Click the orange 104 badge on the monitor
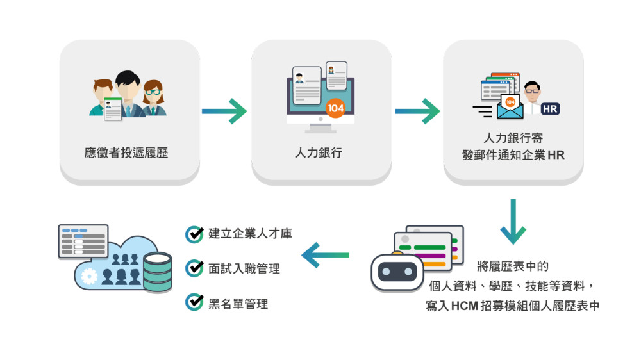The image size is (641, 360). tap(335, 108)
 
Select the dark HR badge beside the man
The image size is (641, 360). tap(550, 109)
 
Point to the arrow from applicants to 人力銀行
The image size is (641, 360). tap(224, 111)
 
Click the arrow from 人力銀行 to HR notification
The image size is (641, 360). tap(417, 111)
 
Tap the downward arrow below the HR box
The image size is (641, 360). tap(513, 222)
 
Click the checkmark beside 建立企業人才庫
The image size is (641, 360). tap(194, 234)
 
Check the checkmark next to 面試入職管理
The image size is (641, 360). tap(194, 268)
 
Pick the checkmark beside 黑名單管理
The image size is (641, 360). tap(194, 302)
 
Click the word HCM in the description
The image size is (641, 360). tap(465, 306)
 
